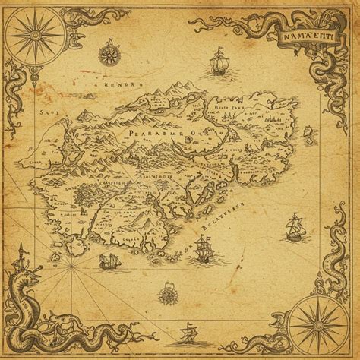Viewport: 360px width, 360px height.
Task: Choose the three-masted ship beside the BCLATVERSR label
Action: point(202,248)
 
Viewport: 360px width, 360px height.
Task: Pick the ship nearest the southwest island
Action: point(110,262)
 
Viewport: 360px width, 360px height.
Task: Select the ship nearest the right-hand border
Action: point(293,226)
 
